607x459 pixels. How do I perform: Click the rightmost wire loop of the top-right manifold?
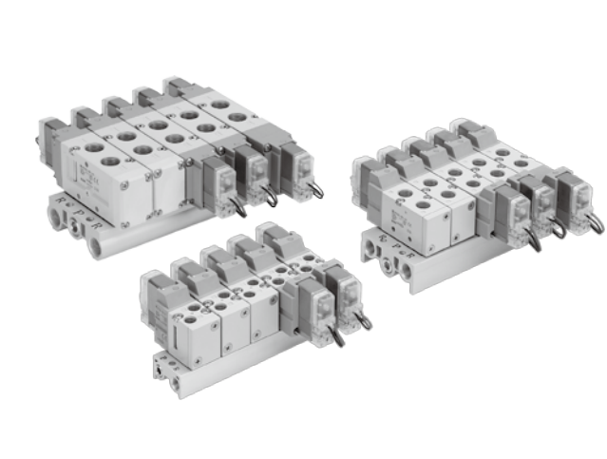(x=596, y=222)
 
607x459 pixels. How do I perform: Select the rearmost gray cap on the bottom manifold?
(x=276, y=234)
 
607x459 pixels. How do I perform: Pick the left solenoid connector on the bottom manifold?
(x=316, y=301)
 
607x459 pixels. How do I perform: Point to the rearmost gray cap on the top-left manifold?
(x=179, y=86)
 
